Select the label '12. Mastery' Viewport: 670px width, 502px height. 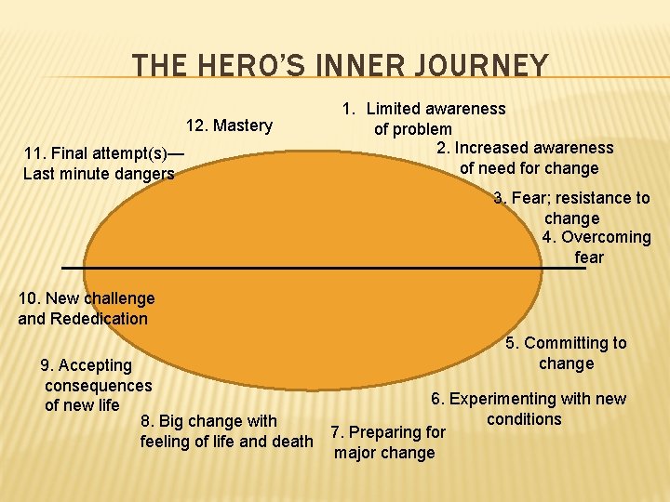(229, 125)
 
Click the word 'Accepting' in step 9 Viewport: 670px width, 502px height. (97, 365)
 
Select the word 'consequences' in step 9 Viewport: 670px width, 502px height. (98, 385)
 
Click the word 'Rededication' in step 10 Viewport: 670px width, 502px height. (100, 319)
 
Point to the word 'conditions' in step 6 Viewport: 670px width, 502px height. (524, 419)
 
